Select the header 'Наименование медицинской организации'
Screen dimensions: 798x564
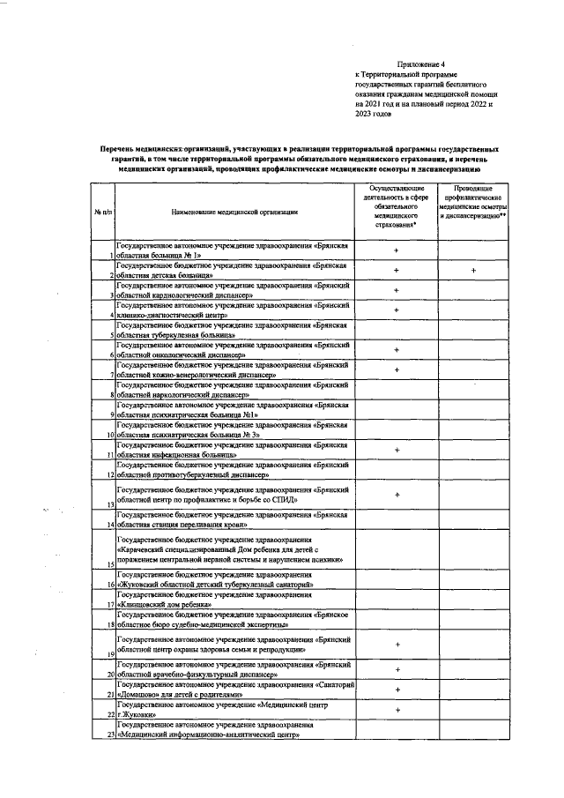(x=235, y=212)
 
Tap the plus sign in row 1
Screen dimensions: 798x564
(x=397, y=250)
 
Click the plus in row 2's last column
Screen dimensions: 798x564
(x=473, y=271)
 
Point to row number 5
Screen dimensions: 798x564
(x=112, y=336)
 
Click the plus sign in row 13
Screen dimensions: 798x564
(x=397, y=495)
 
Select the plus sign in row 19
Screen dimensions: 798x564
(x=397, y=645)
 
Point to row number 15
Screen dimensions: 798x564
(x=112, y=563)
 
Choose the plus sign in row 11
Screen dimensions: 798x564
(x=397, y=450)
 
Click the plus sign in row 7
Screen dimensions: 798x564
(x=397, y=369)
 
